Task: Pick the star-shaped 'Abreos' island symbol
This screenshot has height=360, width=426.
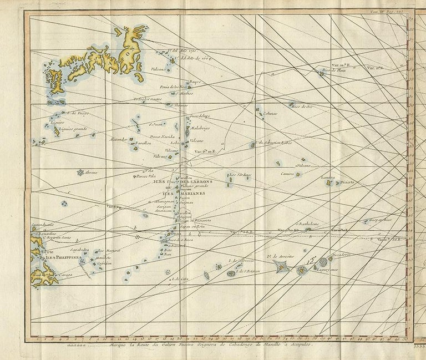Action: tap(80, 173)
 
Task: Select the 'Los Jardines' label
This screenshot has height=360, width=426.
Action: tap(241, 175)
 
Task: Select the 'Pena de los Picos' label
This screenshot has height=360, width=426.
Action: tap(173, 87)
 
